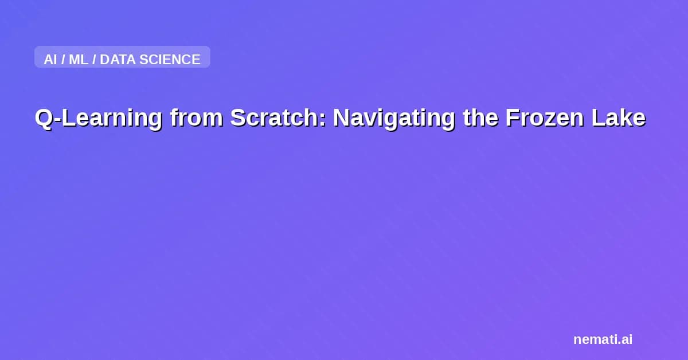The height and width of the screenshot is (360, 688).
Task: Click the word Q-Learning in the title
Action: pyautogui.click(x=98, y=118)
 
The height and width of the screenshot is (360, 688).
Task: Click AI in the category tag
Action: pyautogui.click(x=50, y=60)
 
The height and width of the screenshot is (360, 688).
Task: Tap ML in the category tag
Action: pyautogui.click(x=79, y=60)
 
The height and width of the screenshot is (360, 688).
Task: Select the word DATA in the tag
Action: pyautogui.click(x=118, y=60)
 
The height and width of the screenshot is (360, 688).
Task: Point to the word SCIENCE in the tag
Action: pyautogui.click(x=170, y=60)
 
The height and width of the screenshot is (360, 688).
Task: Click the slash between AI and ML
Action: pyautogui.click(x=63, y=60)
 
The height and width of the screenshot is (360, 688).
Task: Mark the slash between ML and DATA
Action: pyautogui.click(x=94, y=60)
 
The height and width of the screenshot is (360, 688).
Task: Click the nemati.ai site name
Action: pyautogui.click(x=603, y=339)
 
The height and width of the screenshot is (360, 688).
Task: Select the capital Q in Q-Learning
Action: pyautogui.click(x=43, y=118)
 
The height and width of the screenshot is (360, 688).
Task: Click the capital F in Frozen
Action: pyautogui.click(x=511, y=118)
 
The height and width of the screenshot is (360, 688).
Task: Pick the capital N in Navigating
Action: pyautogui.click(x=341, y=118)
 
